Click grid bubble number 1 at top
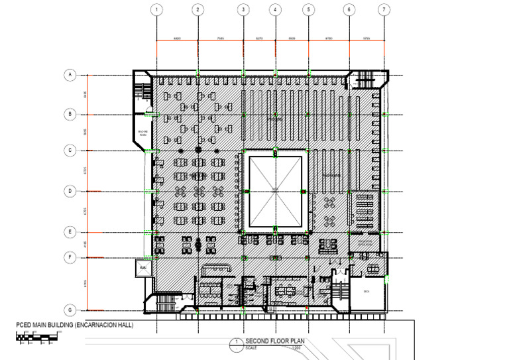coord(156,9)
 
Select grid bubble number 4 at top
coord(276,9)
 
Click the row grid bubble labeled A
coord(68,75)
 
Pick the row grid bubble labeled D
coord(68,191)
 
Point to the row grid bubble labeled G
coord(68,310)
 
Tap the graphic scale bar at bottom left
coord(36,337)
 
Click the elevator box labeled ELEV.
coord(142,268)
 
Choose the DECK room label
coord(366,291)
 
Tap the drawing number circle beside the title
coord(234,343)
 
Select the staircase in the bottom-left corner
coord(162,302)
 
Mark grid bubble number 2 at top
coord(198,9)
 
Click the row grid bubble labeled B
coord(68,114)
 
